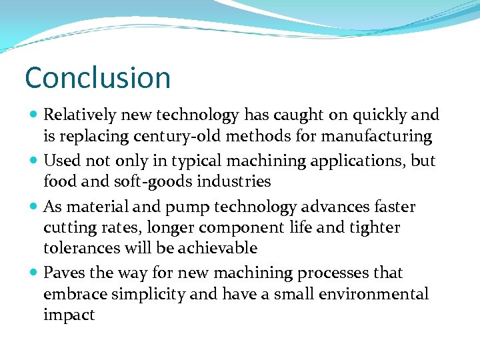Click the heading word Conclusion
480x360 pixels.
click(x=97, y=78)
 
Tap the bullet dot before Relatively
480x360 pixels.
click(x=33, y=115)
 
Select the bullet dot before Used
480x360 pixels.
click(x=33, y=161)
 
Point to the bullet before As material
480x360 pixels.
click(x=33, y=207)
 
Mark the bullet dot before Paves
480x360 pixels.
click(x=33, y=273)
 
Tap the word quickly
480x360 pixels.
click(x=377, y=115)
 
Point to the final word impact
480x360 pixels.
click(x=69, y=315)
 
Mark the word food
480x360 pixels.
click(x=59, y=181)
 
